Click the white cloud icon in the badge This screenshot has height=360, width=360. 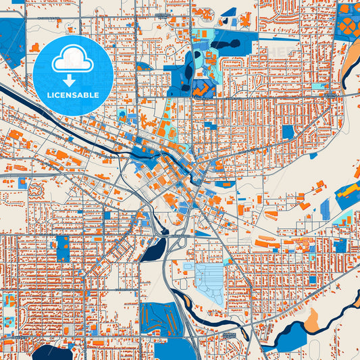[73, 60]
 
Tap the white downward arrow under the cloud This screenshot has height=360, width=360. [73, 78]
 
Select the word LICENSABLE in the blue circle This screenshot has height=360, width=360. [73, 95]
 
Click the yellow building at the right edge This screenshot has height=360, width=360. [348, 190]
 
